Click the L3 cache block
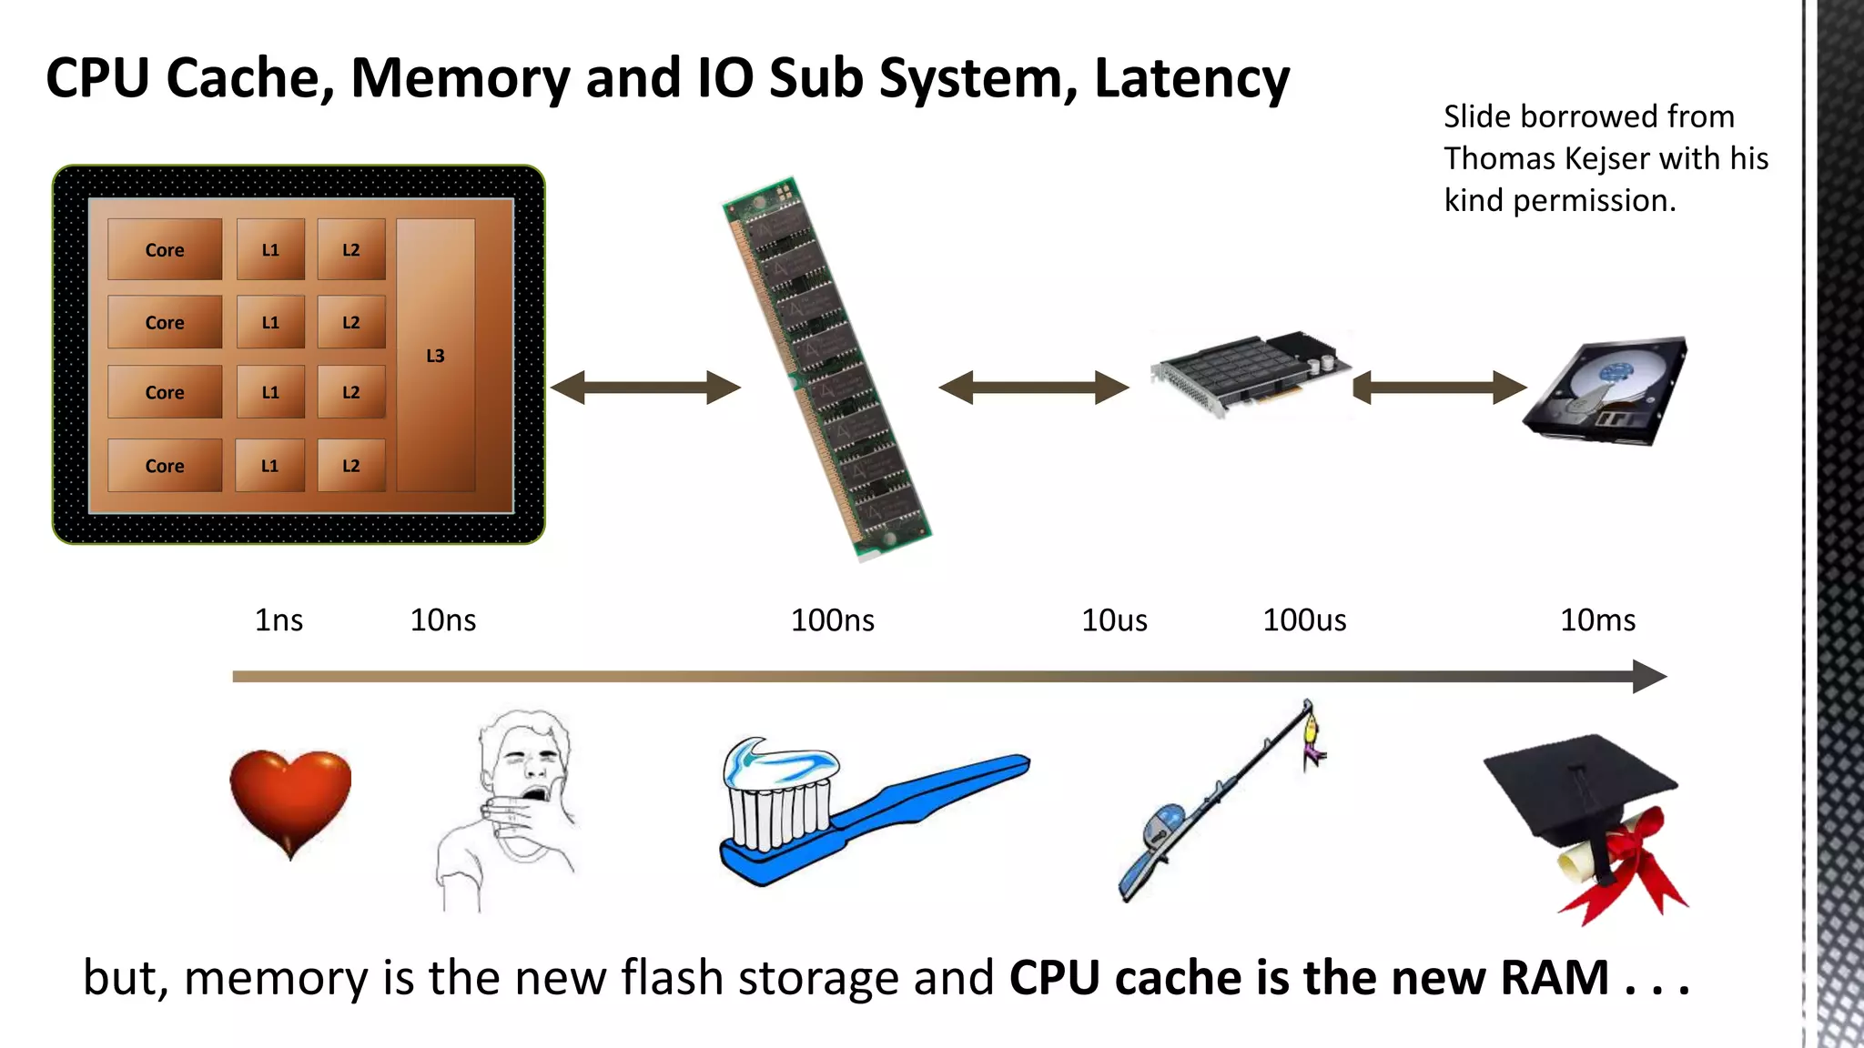[x=435, y=356]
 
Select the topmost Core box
[x=165, y=249]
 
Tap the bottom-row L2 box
[x=350, y=466]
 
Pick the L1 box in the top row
[x=270, y=249]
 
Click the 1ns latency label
[x=279, y=620]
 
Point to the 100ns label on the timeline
[x=832, y=620]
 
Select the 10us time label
[x=1114, y=620]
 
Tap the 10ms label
[x=1597, y=620]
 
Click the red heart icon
[x=290, y=799]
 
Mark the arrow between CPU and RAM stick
[x=645, y=388]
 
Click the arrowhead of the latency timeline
[x=1649, y=676]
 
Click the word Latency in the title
[x=1191, y=78]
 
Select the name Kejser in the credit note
[x=1606, y=158]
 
